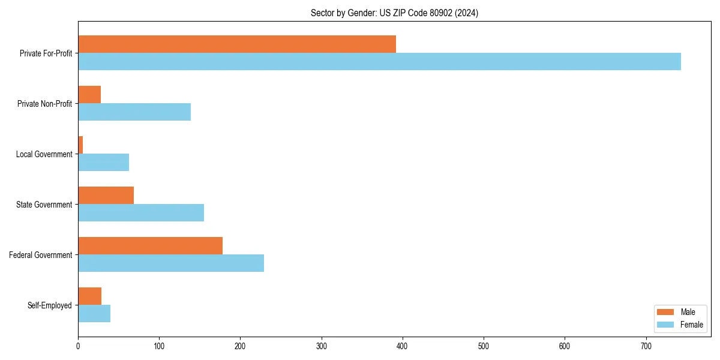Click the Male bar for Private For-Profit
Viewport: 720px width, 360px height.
(x=237, y=44)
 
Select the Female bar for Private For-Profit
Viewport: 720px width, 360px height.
(x=379, y=62)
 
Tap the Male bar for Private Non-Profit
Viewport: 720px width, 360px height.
(x=89, y=95)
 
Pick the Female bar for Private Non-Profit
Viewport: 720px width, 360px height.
(x=134, y=112)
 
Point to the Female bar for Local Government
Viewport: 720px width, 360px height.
(x=103, y=163)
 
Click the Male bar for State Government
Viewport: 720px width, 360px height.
(x=106, y=196)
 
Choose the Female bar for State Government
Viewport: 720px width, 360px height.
(x=141, y=213)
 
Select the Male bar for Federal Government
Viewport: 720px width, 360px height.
(x=150, y=246)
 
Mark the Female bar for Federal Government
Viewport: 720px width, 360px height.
(x=171, y=263)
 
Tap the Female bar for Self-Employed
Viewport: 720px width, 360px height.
(x=94, y=314)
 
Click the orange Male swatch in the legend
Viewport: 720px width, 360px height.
(x=666, y=312)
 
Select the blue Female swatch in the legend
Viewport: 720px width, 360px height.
(x=666, y=325)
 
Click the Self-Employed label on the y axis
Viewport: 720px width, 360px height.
(x=50, y=305)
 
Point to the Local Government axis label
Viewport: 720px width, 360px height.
(x=44, y=154)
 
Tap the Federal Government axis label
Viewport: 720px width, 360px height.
(x=41, y=255)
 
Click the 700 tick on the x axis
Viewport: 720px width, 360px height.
(x=646, y=346)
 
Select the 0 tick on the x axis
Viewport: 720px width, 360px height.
(x=78, y=346)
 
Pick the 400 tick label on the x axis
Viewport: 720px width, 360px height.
(x=402, y=346)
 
